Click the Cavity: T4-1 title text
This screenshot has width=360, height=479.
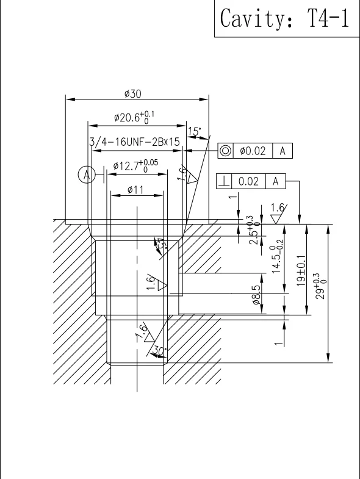[x=284, y=18]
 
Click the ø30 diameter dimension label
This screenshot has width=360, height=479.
[x=133, y=94]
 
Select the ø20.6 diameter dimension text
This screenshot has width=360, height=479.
[x=134, y=117]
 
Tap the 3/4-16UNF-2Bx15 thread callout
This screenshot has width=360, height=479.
[x=134, y=142]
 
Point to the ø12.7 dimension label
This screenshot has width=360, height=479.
[x=135, y=166]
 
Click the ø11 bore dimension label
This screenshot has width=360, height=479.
[x=135, y=190]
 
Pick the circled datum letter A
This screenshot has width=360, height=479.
[x=87, y=175]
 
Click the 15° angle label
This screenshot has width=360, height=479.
[x=195, y=131]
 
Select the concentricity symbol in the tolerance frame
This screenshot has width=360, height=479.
[x=226, y=151]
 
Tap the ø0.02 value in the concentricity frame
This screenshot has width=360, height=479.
[x=253, y=151]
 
